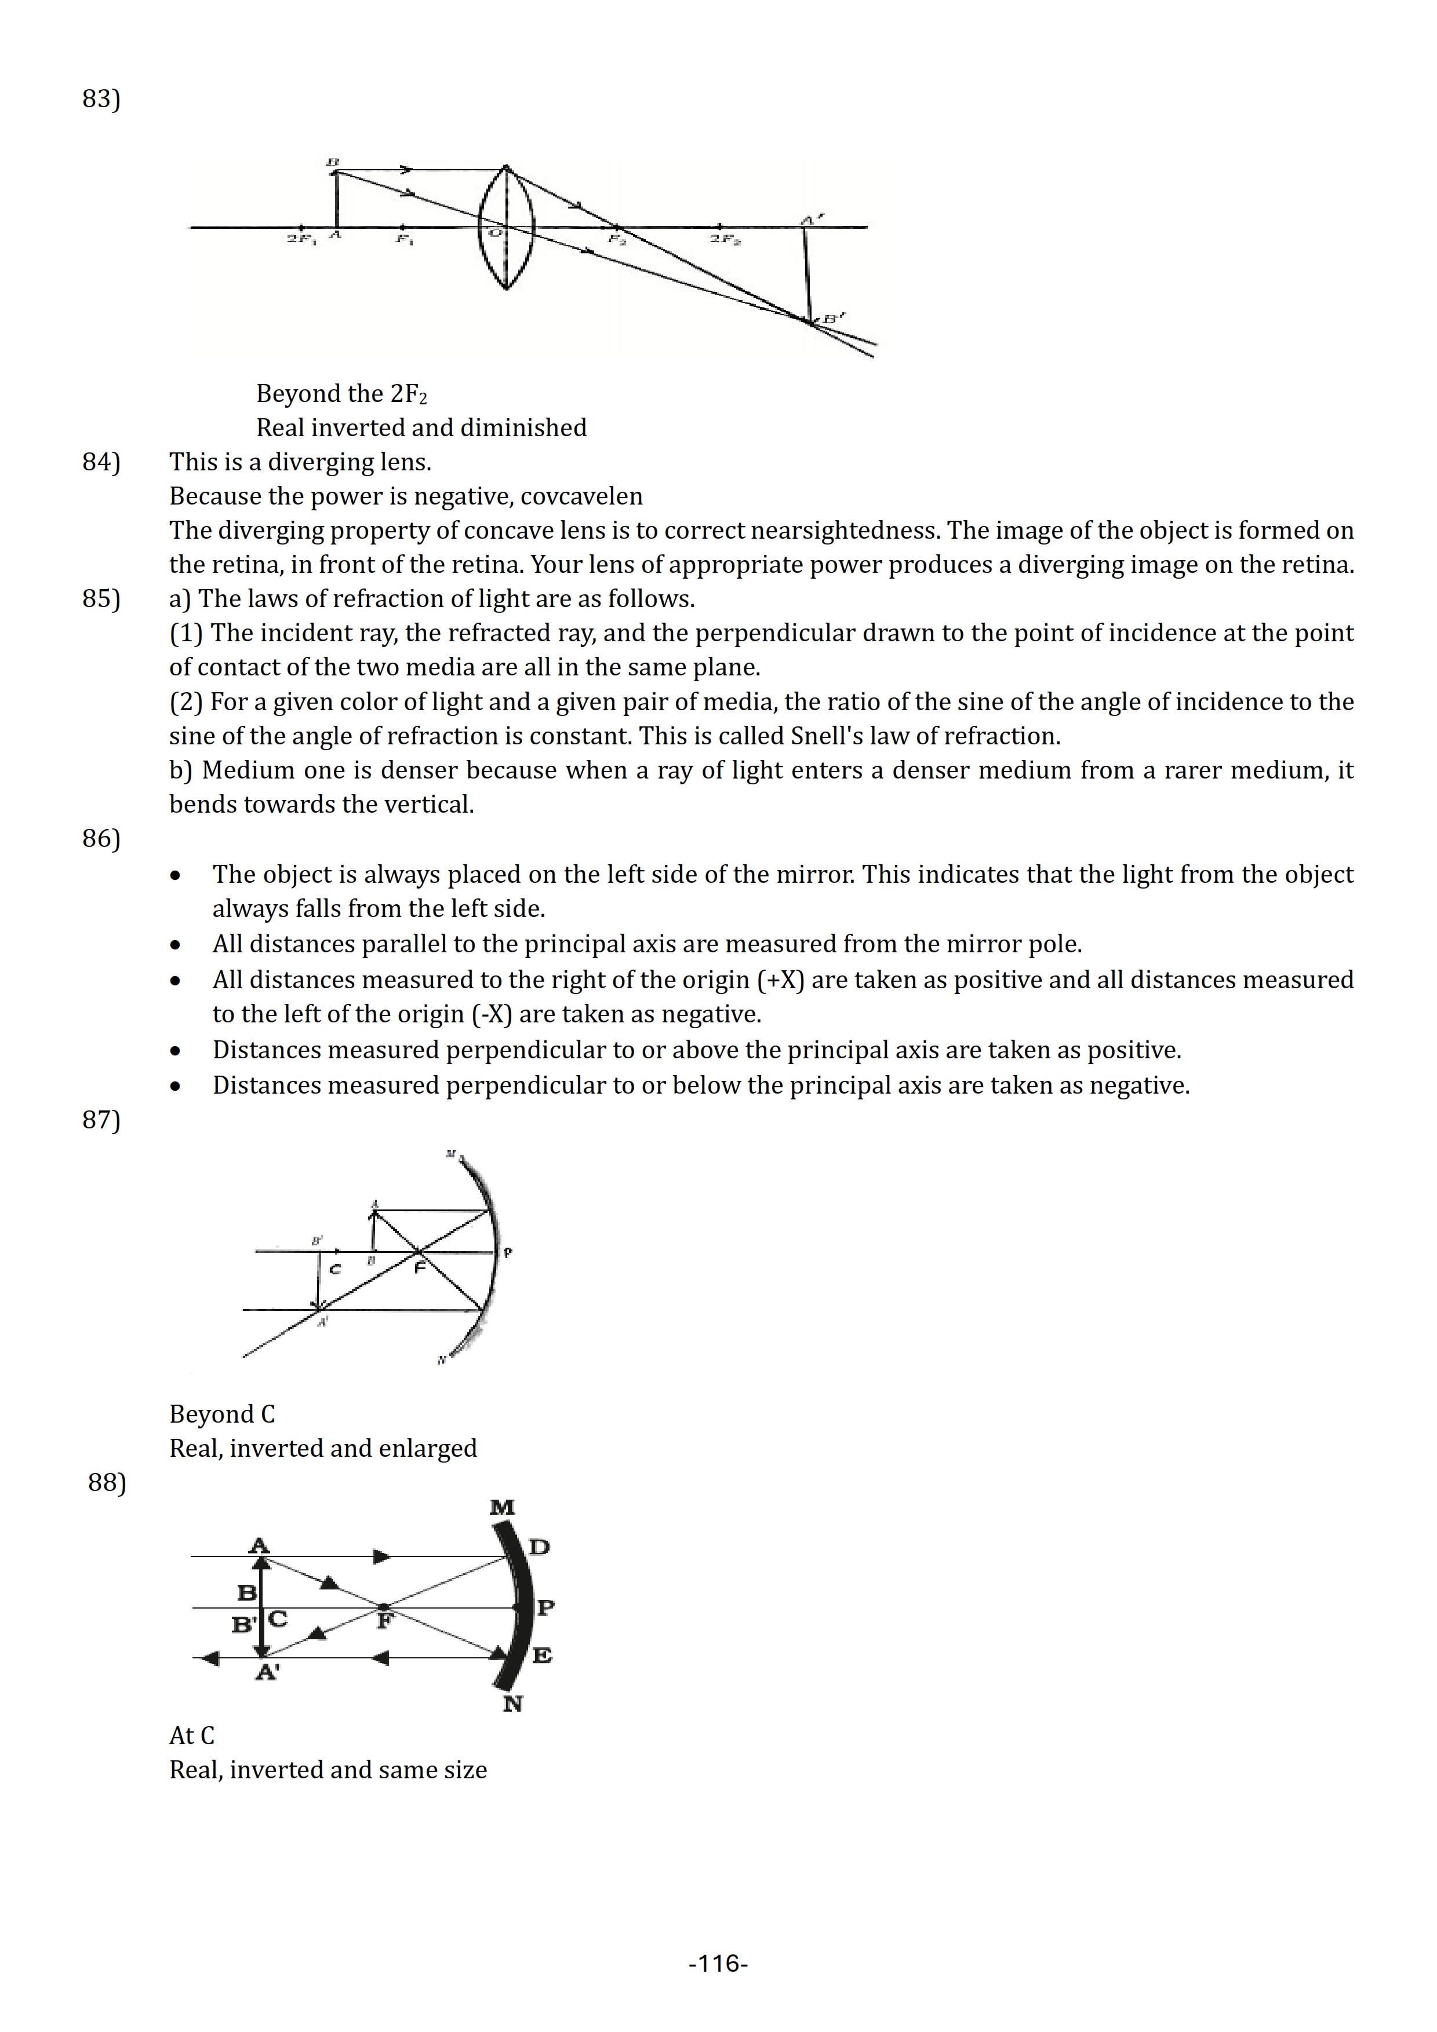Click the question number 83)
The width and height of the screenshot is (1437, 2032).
pos(101,98)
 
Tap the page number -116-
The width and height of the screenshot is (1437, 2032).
pos(718,1964)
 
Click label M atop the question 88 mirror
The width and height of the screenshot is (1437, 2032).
pos(502,1507)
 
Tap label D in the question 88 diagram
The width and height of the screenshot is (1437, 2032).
pos(539,1547)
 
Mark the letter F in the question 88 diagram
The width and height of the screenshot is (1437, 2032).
pos(385,1621)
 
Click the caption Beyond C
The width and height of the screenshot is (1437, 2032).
pos(222,1415)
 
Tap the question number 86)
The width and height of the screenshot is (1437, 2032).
pos(101,839)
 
